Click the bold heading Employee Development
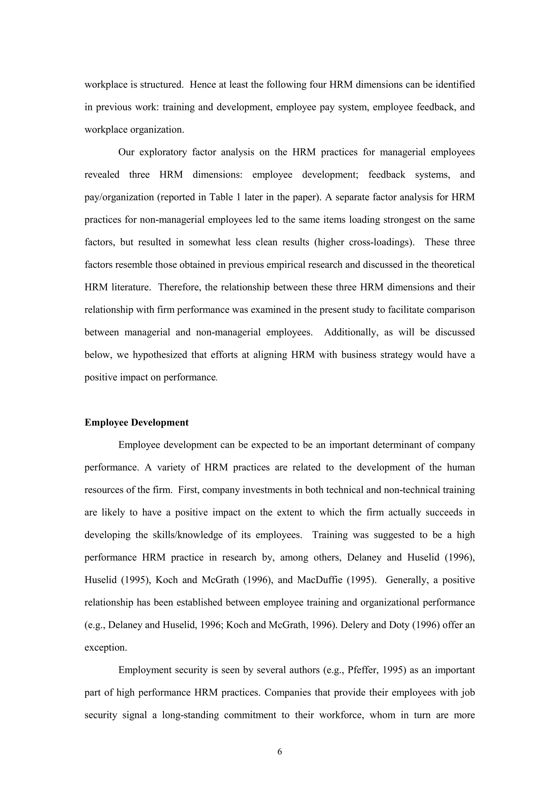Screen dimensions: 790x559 [136, 423]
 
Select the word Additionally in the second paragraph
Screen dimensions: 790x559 [348, 332]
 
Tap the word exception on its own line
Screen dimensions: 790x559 [105, 647]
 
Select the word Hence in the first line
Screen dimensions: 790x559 [201, 85]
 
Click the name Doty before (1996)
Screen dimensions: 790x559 [400, 625]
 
